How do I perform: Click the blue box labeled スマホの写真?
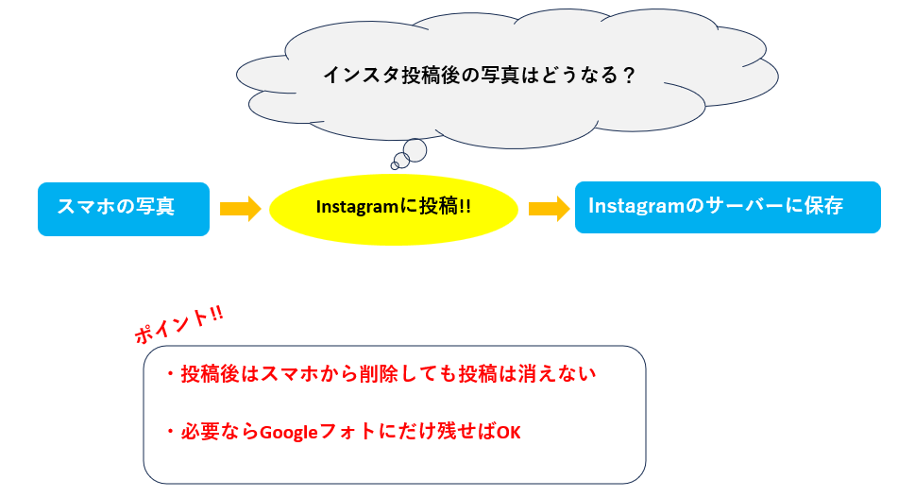pos(123,208)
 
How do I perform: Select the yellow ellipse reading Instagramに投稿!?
pos(394,208)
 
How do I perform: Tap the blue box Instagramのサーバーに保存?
pos(727,207)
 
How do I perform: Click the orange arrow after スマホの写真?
pos(240,208)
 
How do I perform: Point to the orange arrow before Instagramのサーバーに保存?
pos(549,208)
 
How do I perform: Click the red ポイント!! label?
pos(178,325)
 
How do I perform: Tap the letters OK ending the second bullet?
pos(509,432)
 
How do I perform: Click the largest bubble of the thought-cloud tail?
pos(415,149)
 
